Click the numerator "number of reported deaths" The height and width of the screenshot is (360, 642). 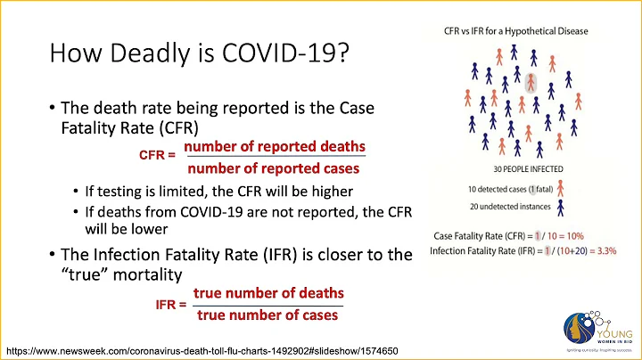274,146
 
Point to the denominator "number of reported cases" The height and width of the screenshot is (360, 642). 273,168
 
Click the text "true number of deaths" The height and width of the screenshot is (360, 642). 268,294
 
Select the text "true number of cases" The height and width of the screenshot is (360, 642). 267,315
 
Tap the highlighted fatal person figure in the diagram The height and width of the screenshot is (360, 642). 532,84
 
